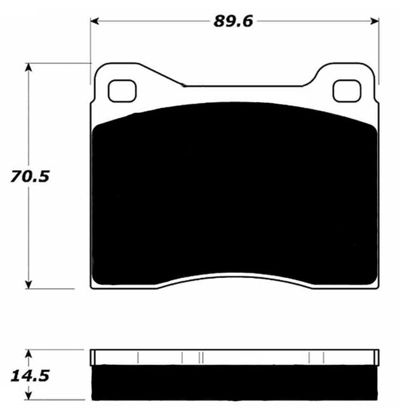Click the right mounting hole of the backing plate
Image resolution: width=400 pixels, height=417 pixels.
click(x=346, y=91)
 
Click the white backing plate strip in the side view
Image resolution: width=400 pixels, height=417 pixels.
click(x=235, y=357)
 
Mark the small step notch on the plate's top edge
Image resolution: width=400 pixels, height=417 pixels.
click(x=183, y=84)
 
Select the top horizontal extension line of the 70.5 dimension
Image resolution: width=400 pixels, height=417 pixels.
click(x=57, y=63)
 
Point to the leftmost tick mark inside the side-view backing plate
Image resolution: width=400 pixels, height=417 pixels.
click(x=137, y=357)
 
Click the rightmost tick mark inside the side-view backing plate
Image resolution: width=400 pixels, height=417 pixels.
click(x=324, y=357)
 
